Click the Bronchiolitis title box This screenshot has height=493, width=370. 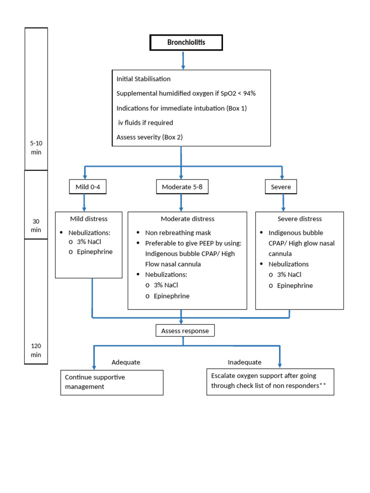click(x=186, y=42)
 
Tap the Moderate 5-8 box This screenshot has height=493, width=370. click(x=182, y=187)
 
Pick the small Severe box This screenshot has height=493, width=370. click(x=281, y=187)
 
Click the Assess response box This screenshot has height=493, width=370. click(x=185, y=331)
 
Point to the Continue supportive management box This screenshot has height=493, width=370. click(x=112, y=382)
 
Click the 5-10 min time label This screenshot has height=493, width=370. click(x=36, y=148)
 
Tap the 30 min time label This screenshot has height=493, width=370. click(x=36, y=225)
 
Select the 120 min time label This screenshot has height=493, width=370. click(x=36, y=350)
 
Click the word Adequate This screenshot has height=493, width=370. click(x=126, y=362)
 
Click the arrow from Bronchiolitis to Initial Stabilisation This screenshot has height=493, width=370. click(x=183, y=60)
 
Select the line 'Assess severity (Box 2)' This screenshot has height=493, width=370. click(x=149, y=137)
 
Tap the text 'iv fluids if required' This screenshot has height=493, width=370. click(x=145, y=123)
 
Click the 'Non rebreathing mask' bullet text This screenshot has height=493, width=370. click(x=178, y=233)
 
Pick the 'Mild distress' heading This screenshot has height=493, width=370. click(x=89, y=219)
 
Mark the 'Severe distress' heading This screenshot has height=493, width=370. click(x=300, y=219)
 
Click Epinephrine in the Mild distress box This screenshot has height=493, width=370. click(x=94, y=251)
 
